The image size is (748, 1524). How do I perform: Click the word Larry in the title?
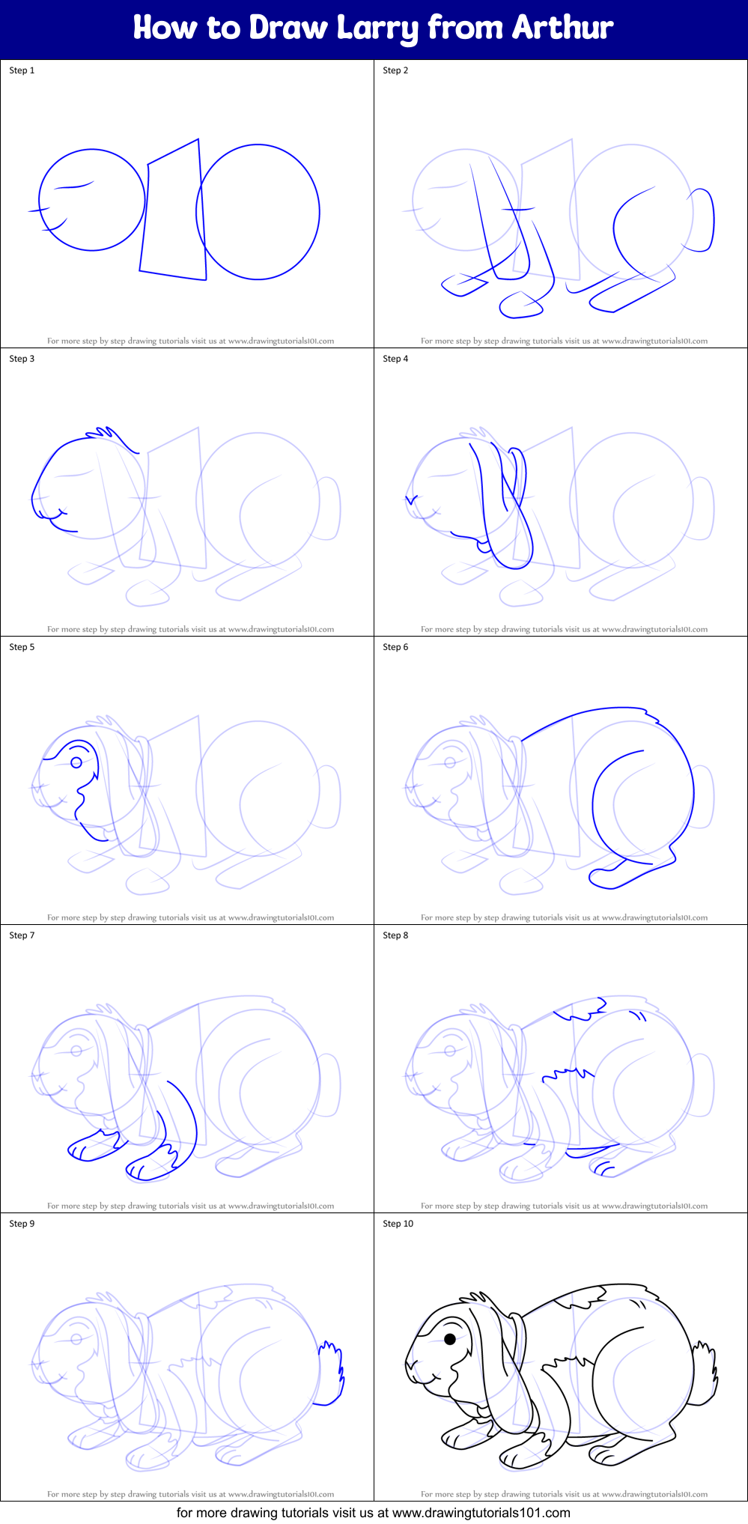pos(377,28)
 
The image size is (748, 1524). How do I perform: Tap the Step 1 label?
pos(22,70)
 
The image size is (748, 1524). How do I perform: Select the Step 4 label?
pos(395,359)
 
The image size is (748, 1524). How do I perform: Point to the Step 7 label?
pos(22,935)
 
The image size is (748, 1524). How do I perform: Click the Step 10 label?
pos(398,1224)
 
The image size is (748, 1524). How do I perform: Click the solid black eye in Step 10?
pos(450,1339)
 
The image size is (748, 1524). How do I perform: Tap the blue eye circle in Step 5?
pos(76,762)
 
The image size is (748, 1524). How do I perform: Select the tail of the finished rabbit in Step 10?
pos(705,1373)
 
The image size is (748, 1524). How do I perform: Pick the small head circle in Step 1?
pos(91,200)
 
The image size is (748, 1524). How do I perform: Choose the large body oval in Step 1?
pos(258,212)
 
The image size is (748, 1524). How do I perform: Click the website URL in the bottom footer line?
pos(481,1513)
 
